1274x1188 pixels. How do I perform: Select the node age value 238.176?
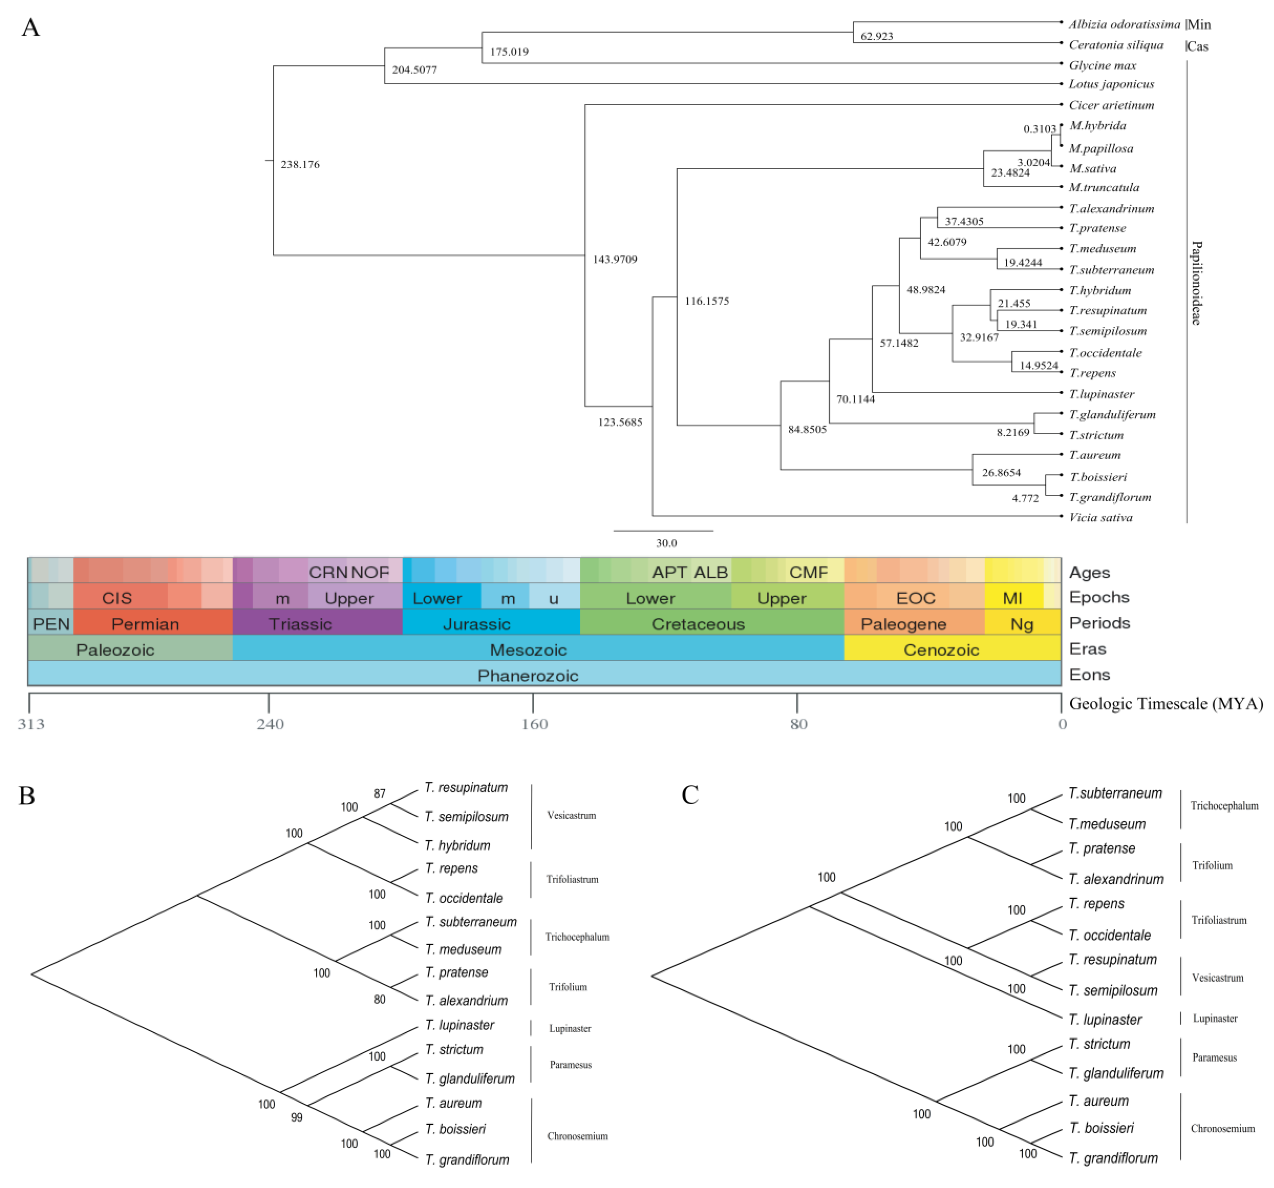pyautogui.click(x=300, y=165)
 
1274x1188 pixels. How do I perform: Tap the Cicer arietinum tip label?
pyautogui.click(x=1111, y=105)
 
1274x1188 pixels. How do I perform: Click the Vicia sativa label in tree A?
pyautogui.click(x=1100, y=517)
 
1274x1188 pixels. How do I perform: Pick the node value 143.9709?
pyautogui.click(x=615, y=260)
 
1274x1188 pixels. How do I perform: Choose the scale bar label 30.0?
pyautogui.click(x=666, y=543)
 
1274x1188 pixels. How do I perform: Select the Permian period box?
pyautogui.click(x=145, y=624)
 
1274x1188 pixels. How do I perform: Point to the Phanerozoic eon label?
pyautogui.click(x=528, y=676)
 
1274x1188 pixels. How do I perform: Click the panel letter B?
pyautogui.click(x=27, y=795)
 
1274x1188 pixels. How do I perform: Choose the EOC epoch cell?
pyautogui.click(x=915, y=598)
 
